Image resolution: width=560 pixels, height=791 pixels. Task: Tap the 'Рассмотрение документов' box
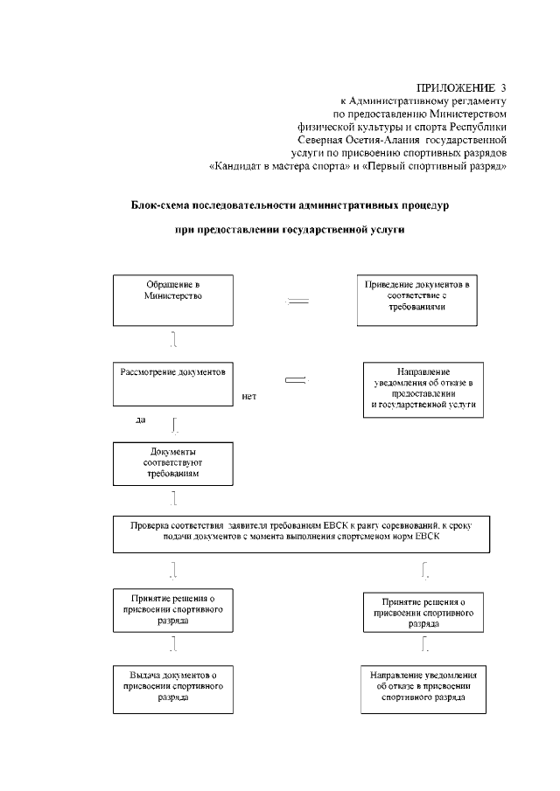point(173,384)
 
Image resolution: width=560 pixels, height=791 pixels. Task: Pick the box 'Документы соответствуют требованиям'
point(173,463)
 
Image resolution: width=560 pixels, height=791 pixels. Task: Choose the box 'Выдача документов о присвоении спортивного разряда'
point(173,690)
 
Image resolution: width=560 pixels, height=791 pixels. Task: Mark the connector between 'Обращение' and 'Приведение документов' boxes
point(298,302)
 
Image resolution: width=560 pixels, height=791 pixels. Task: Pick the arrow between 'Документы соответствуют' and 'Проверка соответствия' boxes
point(175,498)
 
